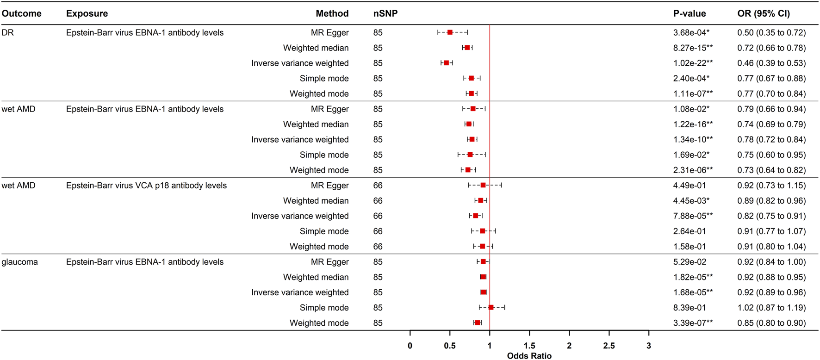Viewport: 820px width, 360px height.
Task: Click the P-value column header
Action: click(x=689, y=13)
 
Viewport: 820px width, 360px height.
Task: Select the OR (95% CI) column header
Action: click(x=764, y=13)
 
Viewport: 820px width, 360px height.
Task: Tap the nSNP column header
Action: click(x=385, y=13)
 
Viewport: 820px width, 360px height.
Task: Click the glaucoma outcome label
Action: click(x=20, y=262)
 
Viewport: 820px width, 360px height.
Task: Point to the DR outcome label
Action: click(x=8, y=33)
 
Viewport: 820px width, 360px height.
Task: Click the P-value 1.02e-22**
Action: click(x=693, y=63)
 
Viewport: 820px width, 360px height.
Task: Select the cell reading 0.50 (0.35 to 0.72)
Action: click(x=771, y=33)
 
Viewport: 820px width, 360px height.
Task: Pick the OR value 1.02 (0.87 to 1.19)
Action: click(x=771, y=308)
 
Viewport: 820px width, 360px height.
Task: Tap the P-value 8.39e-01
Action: click(x=690, y=308)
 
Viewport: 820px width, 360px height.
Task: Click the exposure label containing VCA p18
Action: click(x=146, y=186)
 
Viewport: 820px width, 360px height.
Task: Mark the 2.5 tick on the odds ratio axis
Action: click(x=609, y=346)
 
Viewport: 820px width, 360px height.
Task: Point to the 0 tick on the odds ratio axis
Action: click(x=410, y=346)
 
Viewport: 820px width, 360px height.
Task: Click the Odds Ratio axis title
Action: click(x=529, y=356)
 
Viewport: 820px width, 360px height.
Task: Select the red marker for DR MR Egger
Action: click(x=450, y=32)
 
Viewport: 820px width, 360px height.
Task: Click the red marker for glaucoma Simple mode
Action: click(x=491, y=307)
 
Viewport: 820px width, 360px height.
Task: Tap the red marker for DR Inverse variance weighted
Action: click(x=447, y=63)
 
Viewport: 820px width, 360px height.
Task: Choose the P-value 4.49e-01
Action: click(x=690, y=186)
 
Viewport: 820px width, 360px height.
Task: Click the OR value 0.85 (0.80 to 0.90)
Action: click(x=771, y=323)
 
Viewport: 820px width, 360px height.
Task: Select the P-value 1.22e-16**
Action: click(x=693, y=124)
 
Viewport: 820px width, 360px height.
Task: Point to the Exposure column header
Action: click(x=87, y=13)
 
